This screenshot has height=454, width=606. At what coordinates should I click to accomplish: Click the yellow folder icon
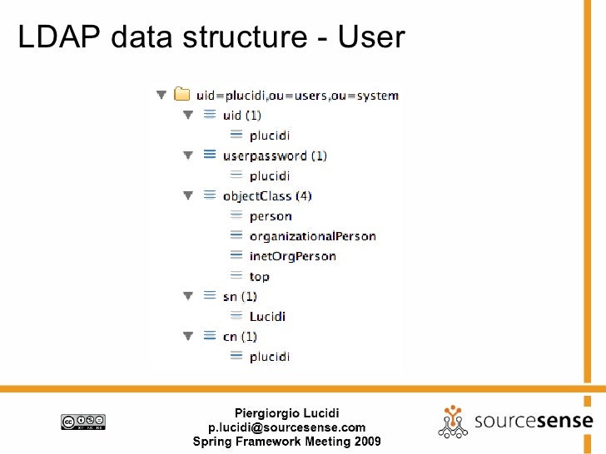(x=181, y=96)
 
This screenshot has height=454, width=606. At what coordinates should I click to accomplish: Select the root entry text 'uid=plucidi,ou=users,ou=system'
(x=297, y=96)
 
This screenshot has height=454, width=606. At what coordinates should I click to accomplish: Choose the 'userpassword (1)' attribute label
(x=275, y=155)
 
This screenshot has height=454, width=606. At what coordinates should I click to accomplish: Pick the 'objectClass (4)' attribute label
(x=267, y=196)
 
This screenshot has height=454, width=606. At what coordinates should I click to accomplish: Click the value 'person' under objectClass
(x=271, y=216)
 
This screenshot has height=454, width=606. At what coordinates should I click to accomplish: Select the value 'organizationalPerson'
(x=312, y=236)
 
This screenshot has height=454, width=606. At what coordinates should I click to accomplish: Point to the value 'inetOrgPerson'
(x=292, y=256)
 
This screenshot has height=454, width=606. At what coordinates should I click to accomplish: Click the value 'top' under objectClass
(x=260, y=276)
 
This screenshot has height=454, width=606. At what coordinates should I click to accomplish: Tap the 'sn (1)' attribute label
(x=240, y=296)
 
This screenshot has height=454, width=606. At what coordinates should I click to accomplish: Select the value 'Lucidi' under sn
(x=267, y=316)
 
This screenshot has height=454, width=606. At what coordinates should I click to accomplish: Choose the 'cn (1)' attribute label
(x=240, y=337)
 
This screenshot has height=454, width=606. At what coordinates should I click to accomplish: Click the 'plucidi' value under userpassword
(x=270, y=175)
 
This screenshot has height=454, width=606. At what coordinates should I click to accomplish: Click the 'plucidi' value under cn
(x=270, y=357)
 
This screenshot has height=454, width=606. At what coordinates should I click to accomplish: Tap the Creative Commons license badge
(x=82, y=422)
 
